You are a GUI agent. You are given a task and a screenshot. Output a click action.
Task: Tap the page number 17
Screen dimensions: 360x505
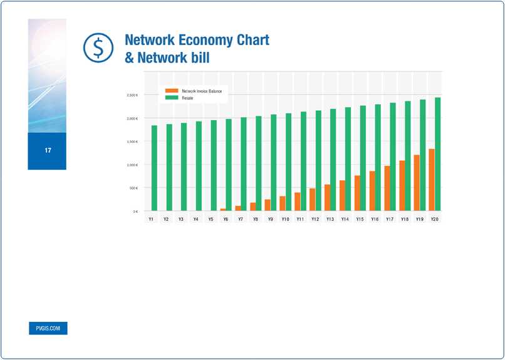[48, 150]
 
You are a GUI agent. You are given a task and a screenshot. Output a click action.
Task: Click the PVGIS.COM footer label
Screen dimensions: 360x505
[48, 328]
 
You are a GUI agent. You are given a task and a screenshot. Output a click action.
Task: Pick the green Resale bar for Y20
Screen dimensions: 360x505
[437, 154]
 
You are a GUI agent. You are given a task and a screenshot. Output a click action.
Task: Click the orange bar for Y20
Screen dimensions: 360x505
[432, 180]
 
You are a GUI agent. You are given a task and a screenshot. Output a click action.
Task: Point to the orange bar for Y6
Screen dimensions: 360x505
[223, 210]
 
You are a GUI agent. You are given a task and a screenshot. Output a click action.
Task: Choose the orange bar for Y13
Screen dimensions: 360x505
[328, 198]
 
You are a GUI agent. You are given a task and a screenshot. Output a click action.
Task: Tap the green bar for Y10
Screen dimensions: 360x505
[288, 162]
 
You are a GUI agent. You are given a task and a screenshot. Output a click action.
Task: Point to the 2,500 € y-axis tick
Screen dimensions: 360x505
[132, 95]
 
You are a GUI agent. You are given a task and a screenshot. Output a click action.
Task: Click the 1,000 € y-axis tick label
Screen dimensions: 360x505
[132, 165]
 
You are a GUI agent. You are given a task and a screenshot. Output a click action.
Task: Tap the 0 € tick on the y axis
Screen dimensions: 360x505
[135, 212]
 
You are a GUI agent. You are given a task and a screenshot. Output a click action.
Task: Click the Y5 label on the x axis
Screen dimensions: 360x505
[211, 220]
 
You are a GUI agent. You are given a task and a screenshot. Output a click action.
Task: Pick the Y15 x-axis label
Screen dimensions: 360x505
[360, 220]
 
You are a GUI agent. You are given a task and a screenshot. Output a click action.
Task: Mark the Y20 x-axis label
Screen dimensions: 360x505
[434, 220]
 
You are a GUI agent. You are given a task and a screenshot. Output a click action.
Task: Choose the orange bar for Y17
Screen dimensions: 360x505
[387, 188]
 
